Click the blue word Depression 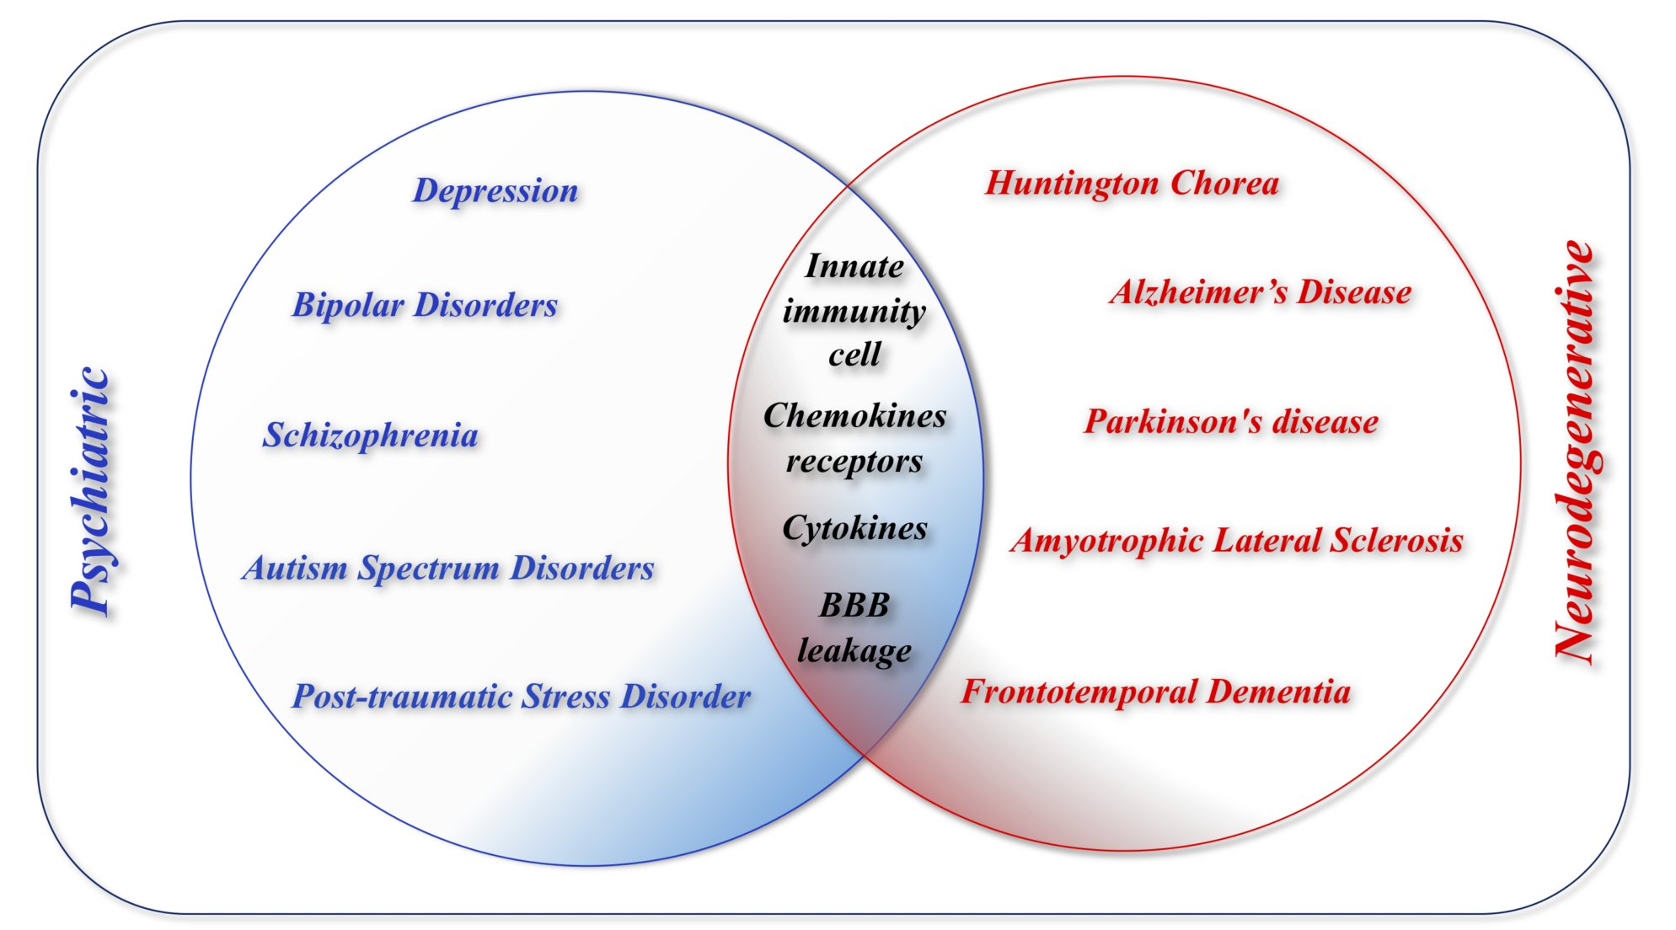(x=495, y=192)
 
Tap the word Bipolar (x=348, y=306)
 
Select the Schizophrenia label (x=371, y=436)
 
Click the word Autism (x=295, y=569)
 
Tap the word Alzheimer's (x=1197, y=292)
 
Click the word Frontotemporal (x=1079, y=692)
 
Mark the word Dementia (x=1278, y=692)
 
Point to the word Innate (x=854, y=267)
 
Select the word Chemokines (x=854, y=416)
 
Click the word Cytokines (x=854, y=529)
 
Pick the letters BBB (x=854, y=606)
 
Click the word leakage (x=854, y=651)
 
